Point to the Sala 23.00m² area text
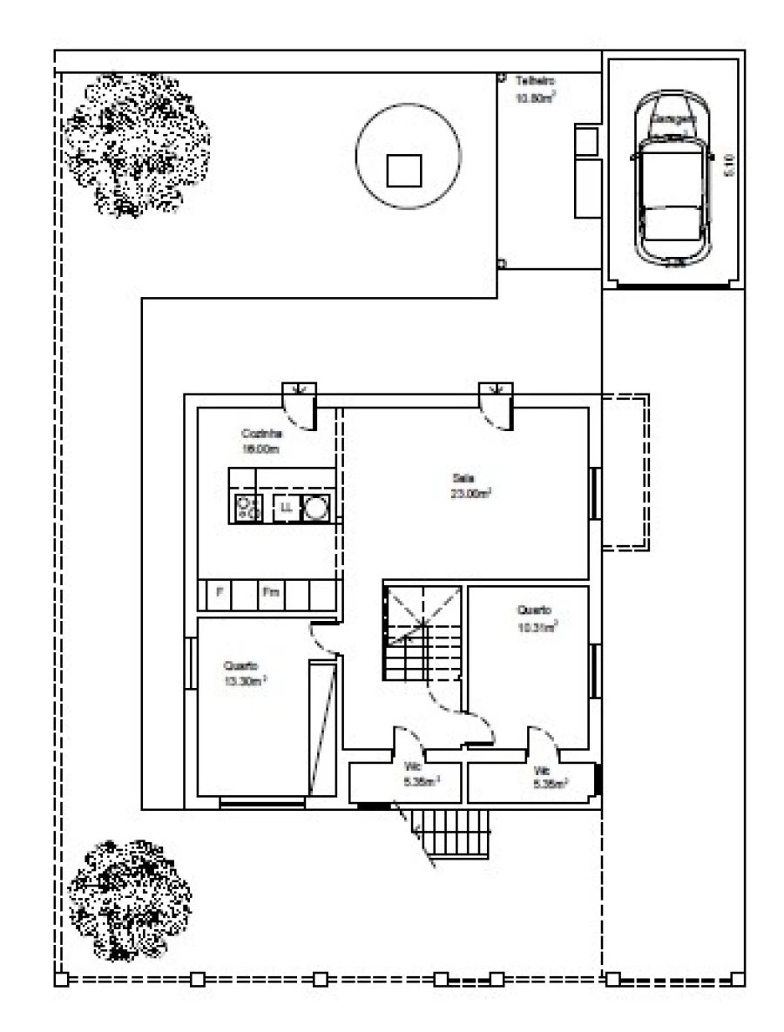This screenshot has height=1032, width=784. coord(471,485)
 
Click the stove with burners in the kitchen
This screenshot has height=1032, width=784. coord(246,508)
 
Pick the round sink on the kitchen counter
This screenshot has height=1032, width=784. coord(315,508)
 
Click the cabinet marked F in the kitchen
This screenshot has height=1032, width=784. coord(220,594)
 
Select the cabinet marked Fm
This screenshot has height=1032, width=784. coord(271,594)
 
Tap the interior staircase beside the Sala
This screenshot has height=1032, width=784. coord(422,631)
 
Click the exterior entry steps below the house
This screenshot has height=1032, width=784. coord(452,832)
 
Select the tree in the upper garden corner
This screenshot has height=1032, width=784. coord(137,144)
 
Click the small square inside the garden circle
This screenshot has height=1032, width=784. coord(404,169)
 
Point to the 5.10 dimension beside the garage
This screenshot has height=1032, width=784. coord(731,165)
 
